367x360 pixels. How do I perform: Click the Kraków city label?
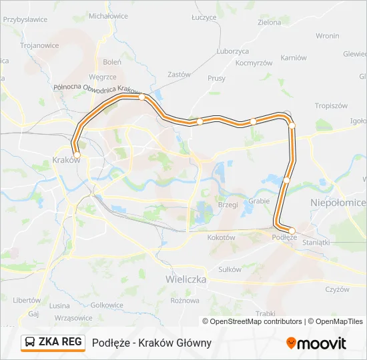[65, 161]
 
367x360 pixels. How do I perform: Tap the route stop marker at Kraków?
[77, 155]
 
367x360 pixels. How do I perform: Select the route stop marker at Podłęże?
[292, 231]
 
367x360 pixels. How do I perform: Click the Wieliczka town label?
[186, 279]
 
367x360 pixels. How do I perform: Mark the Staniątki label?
[316, 243]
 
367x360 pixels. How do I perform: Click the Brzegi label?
[228, 205]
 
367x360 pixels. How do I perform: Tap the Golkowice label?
[107, 305]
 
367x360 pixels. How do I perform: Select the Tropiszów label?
[332, 105]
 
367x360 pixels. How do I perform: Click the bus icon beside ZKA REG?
[30, 343]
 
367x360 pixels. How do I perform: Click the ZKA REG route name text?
[60, 342]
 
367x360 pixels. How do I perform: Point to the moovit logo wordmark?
[322, 343]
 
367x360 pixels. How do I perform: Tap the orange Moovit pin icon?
[291, 343]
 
